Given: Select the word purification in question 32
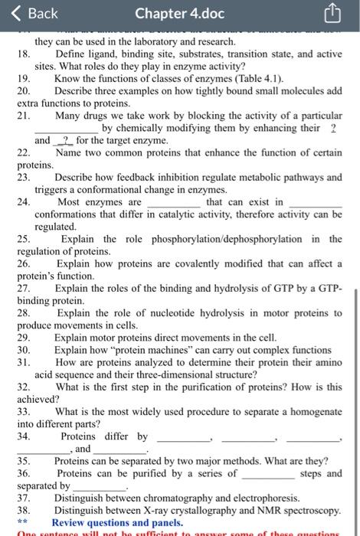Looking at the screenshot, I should pos(227,387).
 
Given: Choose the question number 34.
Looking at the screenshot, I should pos(23,436).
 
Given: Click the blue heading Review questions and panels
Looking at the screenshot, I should pos(122,522).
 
